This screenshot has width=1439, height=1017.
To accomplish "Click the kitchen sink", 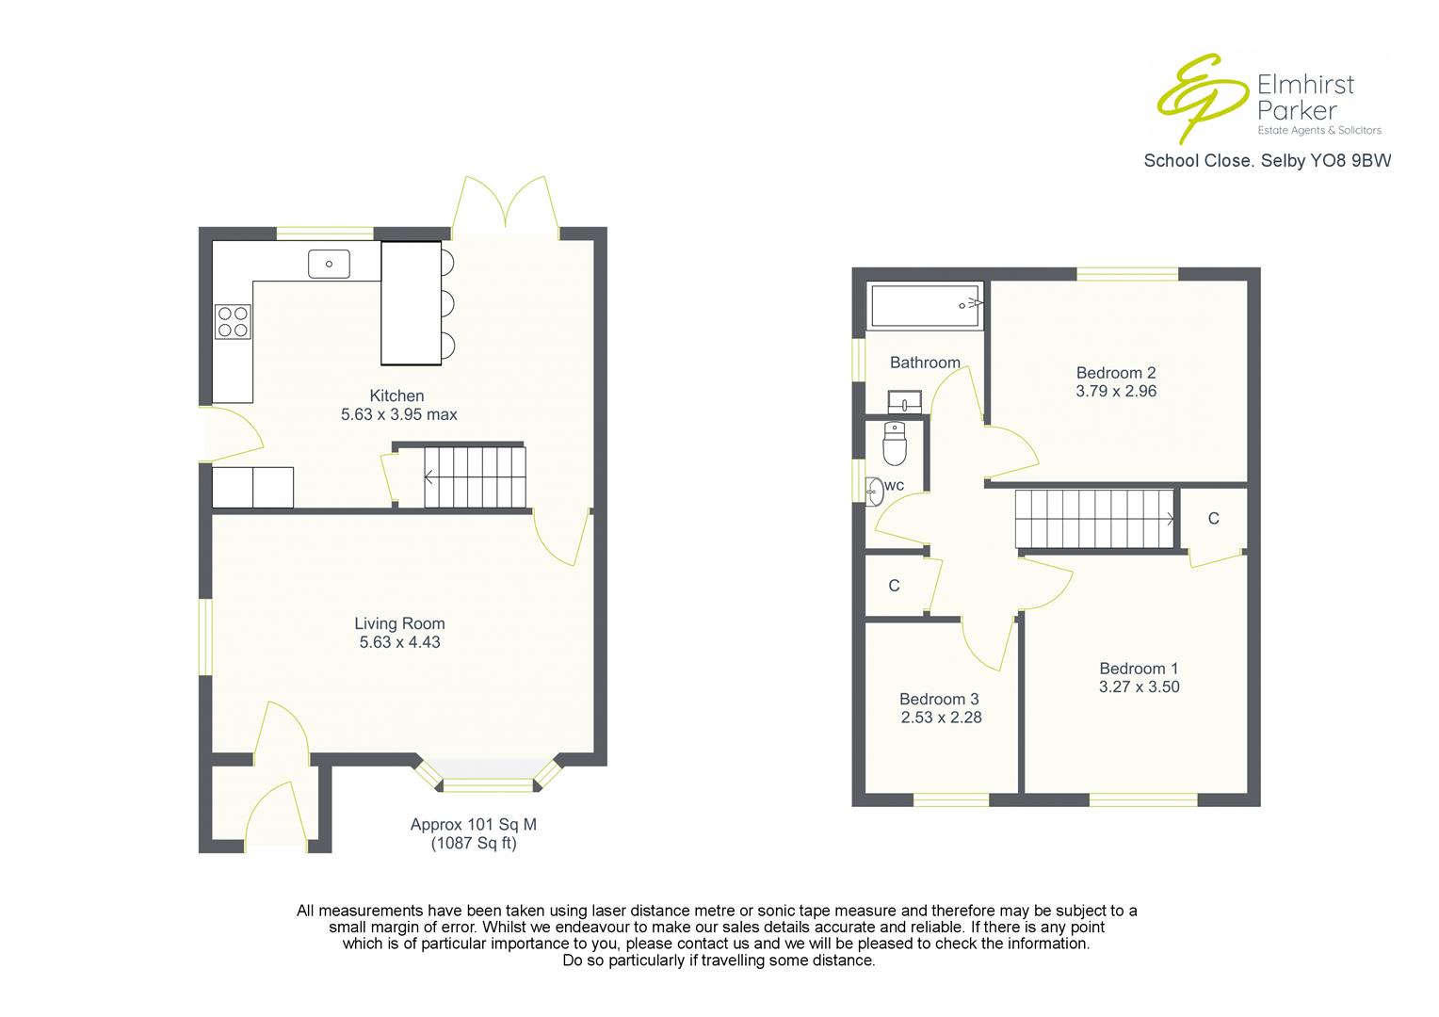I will [329, 264].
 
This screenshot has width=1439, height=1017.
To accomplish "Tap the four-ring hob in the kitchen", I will [234, 321].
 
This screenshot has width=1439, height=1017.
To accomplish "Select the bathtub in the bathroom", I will [925, 305].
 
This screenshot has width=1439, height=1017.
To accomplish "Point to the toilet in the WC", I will [894, 444].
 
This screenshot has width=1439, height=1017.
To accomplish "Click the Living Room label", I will [399, 623].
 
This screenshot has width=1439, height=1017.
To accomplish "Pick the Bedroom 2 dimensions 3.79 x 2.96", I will [1116, 391].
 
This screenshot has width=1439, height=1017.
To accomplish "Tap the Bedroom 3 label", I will [939, 699].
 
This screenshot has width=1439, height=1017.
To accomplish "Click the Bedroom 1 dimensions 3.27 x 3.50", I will [1139, 686].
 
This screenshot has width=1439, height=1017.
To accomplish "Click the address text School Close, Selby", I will [1267, 161].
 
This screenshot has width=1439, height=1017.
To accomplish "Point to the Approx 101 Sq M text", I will [473, 825].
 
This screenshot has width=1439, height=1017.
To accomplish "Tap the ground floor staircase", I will [474, 477].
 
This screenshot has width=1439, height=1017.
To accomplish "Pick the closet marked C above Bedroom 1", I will [1213, 519].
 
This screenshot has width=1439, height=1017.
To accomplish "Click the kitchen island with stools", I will [412, 302].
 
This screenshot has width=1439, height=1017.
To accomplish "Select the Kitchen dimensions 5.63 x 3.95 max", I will [399, 414].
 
